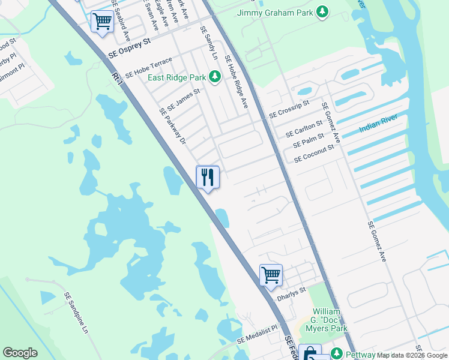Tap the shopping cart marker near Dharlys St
271,275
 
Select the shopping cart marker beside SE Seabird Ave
102,22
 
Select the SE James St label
183,98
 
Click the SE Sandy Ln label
210,47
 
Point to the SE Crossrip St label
289,109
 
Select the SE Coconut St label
313,155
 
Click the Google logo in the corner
20,353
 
